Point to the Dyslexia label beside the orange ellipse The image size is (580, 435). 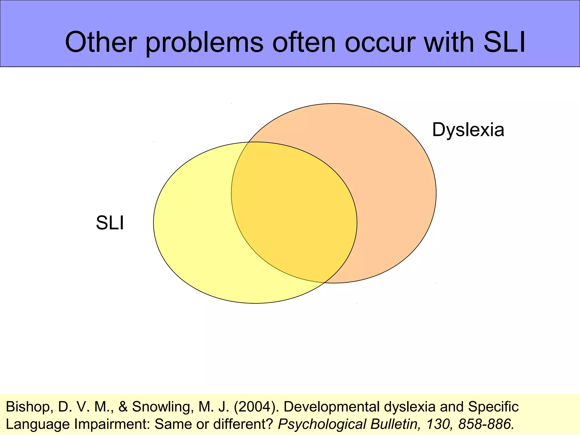click(468, 130)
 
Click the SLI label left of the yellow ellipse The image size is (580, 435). click(110, 223)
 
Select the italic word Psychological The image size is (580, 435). click(321, 424)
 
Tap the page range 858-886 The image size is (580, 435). click(486, 424)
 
